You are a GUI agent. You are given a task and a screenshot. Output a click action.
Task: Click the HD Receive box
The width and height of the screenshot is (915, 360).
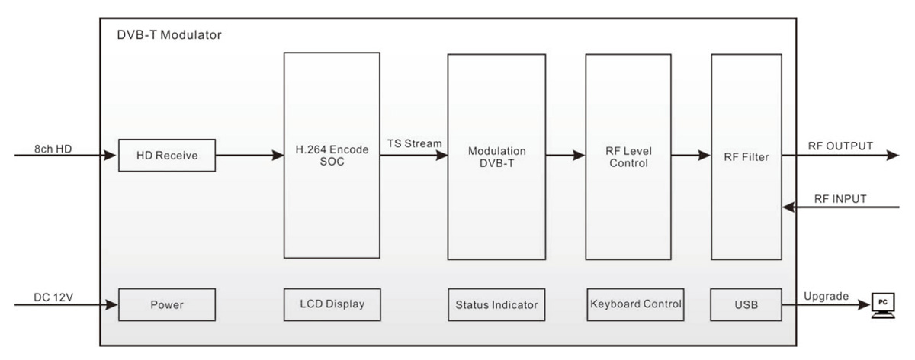click(167, 156)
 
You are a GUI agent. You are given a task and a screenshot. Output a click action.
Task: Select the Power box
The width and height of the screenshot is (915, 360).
click(167, 305)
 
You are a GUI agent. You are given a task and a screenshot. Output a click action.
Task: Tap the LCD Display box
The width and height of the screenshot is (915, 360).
click(332, 305)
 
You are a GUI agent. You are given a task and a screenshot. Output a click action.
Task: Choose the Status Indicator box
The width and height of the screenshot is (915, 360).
click(496, 305)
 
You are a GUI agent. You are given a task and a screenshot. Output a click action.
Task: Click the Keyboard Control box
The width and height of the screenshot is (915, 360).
click(636, 305)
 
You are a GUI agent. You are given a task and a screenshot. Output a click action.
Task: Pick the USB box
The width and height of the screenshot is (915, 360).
click(746, 305)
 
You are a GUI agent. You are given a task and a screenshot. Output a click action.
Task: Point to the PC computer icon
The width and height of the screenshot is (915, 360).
click(883, 305)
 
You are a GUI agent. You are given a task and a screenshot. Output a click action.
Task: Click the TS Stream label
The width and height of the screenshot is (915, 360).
click(415, 144)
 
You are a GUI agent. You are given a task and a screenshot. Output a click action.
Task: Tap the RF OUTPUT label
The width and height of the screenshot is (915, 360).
click(840, 146)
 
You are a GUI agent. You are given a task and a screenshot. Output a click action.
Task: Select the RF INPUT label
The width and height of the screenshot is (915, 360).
click(840, 199)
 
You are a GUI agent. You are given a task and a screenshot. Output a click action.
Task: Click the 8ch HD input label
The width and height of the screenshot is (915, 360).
click(53, 149)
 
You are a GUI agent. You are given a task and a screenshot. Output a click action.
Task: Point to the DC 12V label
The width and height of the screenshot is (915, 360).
click(53, 297)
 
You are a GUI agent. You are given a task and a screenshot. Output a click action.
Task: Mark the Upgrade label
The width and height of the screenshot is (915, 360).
click(826, 296)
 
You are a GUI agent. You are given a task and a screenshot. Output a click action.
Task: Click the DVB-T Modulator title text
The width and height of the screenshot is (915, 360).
click(169, 35)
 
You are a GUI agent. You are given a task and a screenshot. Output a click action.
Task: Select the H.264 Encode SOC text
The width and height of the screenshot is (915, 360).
click(332, 156)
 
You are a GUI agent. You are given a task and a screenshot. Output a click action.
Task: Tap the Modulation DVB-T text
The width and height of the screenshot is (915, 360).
click(496, 157)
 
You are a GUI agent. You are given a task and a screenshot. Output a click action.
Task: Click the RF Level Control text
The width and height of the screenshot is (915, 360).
click(628, 157)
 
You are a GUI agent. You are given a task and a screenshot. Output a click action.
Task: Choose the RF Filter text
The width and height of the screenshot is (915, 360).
click(746, 157)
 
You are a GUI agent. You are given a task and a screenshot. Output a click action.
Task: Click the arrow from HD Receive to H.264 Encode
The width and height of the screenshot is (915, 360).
click(250, 156)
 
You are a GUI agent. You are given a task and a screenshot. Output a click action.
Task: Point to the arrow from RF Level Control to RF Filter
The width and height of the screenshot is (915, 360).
click(691, 156)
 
